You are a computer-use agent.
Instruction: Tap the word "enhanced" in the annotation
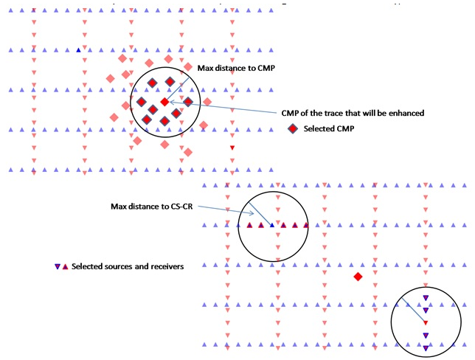click(x=403, y=113)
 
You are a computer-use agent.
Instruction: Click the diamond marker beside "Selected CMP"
click(x=293, y=129)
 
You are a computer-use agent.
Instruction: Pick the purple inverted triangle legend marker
click(x=58, y=266)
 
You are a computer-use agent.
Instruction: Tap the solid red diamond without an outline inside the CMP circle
click(x=164, y=102)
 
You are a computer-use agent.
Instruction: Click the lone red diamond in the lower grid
click(x=358, y=277)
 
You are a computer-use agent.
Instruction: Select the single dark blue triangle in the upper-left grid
click(x=79, y=50)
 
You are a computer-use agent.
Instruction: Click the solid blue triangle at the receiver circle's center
click(x=272, y=225)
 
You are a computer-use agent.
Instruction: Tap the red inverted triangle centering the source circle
click(x=426, y=322)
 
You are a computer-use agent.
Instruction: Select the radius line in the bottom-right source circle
click(x=415, y=311)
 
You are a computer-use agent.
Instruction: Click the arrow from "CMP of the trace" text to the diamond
click(x=221, y=108)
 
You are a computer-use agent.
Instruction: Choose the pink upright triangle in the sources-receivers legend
click(x=65, y=266)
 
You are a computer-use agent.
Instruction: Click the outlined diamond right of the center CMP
click(x=187, y=102)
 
